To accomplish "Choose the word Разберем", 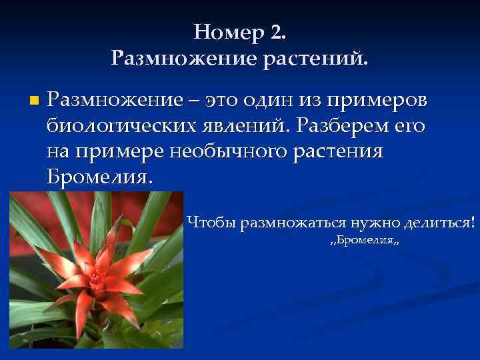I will click(342, 126).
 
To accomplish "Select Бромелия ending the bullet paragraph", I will click(100, 177).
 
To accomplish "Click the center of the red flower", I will click(95, 273).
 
